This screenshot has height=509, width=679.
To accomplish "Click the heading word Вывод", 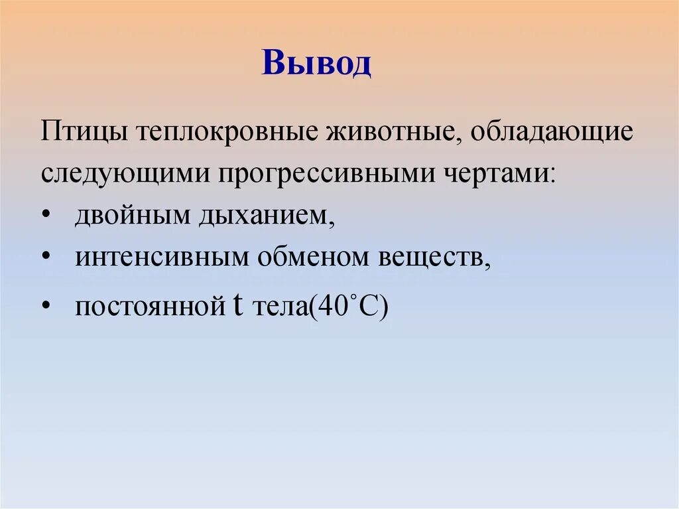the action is tap(316, 64).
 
